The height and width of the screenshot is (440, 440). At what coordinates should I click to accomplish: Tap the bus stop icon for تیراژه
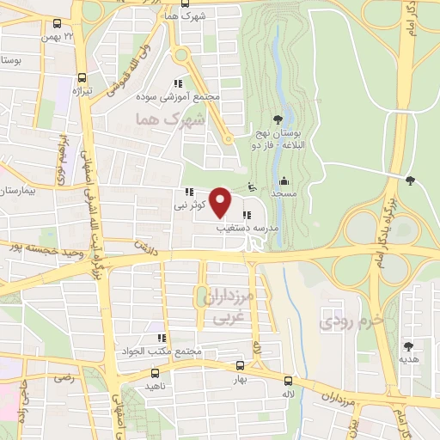pos(80,76)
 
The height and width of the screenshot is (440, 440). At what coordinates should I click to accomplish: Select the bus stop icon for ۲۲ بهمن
pos(56,25)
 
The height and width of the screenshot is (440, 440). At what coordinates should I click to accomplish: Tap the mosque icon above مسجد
pos(284,180)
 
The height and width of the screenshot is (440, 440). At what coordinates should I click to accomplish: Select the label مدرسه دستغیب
pos(247,229)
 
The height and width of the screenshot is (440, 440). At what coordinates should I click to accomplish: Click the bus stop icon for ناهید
pos(155,373)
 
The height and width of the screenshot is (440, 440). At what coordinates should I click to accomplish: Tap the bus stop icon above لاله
pos(288,381)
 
